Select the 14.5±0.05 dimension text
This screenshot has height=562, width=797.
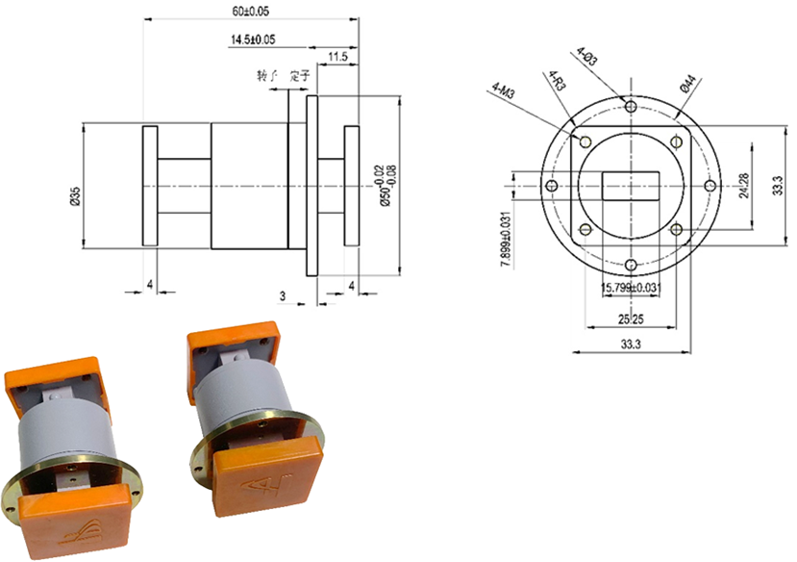252,39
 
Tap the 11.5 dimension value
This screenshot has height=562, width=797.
336,58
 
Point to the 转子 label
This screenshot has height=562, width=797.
266,75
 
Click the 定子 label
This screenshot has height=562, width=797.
299,75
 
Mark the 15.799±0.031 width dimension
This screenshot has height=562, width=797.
630,288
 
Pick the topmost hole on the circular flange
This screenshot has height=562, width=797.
630,105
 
